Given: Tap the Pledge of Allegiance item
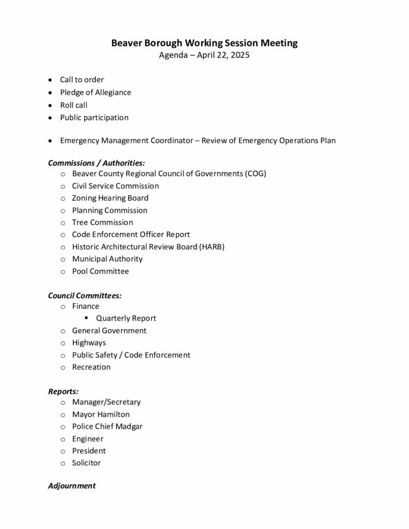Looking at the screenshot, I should [95, 92].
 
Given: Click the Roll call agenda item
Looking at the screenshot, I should [73, 105].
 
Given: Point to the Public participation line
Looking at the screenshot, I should [94, 117].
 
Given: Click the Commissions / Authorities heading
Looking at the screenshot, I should [96, 163].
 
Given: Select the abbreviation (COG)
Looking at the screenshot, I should [255, 174].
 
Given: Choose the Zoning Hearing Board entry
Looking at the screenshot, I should [110, 198].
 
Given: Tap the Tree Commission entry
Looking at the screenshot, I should [102, 222].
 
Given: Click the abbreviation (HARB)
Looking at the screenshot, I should [212, 246].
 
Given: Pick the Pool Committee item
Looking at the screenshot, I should [100, 271].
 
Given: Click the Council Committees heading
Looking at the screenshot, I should [85, 295].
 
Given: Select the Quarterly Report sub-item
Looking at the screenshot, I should [126, 318].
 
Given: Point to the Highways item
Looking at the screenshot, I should [89, 343].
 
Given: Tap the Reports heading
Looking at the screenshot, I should [63, 392].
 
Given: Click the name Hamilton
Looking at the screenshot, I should [114, 414].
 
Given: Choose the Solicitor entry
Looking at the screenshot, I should [86, 463].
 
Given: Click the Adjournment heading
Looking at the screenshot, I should [72, 486].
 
